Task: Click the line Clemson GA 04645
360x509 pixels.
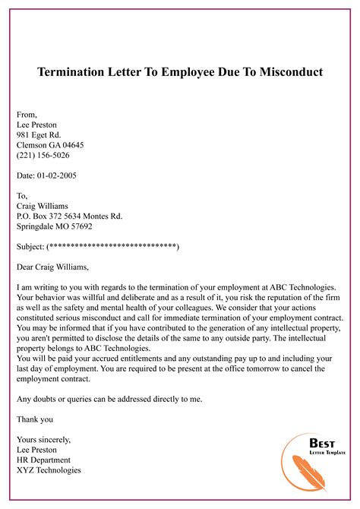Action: (x=50, y=144)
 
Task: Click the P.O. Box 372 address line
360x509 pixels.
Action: (x=69, y=216)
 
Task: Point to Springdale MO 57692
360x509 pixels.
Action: (x=54, y=226)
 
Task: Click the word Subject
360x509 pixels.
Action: (x=30, y=247)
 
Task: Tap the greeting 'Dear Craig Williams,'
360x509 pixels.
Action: (x=52, y=267)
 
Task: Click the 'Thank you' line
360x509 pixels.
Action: (x=35, y=419)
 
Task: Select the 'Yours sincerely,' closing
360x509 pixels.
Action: (x=43, y=439)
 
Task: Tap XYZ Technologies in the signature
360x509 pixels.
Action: (x=49, y=470)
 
